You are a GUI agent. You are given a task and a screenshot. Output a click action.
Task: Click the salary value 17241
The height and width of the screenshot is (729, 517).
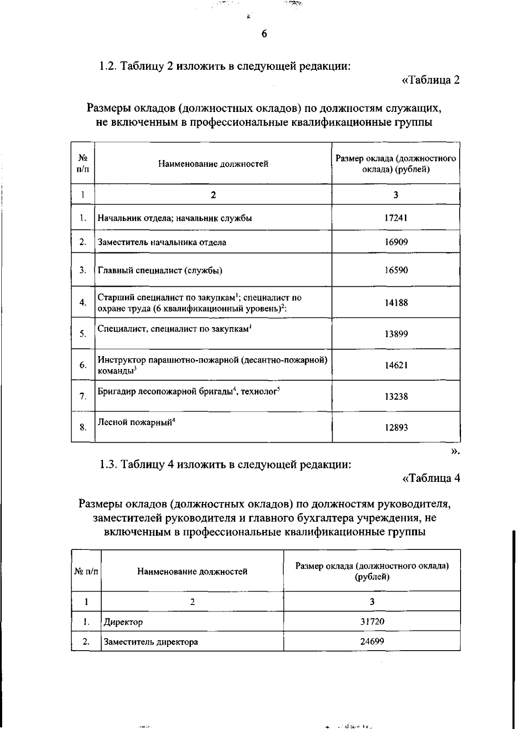coord(396,218)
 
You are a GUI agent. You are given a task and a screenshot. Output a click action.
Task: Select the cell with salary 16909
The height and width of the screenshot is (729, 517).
coord(396,242)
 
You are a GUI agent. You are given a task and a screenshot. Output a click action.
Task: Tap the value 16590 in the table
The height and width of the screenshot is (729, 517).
coord(396,270)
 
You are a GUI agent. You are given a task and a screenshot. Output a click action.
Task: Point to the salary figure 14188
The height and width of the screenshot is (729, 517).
coord(396,303)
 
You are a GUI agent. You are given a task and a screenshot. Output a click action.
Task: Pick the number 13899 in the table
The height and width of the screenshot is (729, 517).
coord(396,334)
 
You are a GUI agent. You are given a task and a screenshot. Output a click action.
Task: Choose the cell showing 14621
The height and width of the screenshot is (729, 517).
coord(396,366)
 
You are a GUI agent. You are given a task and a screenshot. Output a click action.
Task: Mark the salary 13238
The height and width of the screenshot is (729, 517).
coord(396,397)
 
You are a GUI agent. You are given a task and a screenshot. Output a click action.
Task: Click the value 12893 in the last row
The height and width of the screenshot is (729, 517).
coord(396,428)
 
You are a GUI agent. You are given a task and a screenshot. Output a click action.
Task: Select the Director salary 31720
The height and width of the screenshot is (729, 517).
coord(372,622)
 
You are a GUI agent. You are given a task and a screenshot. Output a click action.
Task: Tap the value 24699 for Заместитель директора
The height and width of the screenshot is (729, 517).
coord(372,642)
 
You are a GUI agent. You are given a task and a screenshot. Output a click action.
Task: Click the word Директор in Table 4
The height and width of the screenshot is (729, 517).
coord(123,622)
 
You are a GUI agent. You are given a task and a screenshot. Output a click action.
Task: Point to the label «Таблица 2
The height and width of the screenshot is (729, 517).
coord(430,80)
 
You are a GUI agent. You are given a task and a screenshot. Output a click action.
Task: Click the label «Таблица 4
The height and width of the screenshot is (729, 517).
coord(430,478)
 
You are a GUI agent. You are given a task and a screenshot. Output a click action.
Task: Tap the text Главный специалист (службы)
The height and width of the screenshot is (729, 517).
coord(160,271)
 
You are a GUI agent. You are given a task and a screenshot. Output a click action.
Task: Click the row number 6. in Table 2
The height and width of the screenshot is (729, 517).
coord(83,366)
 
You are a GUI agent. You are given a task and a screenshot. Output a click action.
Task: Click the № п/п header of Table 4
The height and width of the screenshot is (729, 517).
coord(86,572)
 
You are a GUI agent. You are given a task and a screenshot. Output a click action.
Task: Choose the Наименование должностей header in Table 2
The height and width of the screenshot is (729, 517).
coord(213,164)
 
